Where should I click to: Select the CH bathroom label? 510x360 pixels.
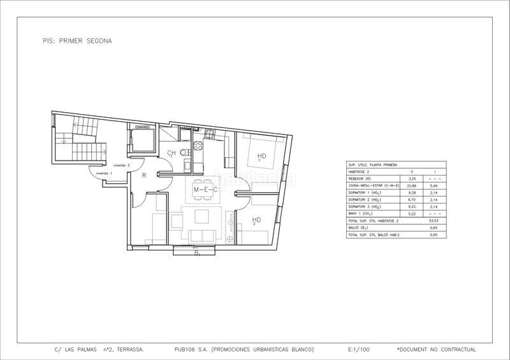(x=171, y=154)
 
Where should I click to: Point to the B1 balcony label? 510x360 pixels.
(x=197, y=255)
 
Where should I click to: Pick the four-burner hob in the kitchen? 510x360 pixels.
(x=197, y=151)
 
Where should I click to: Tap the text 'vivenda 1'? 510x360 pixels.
(x=103, y=173)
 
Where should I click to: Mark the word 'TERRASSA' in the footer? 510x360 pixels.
(x=129, y=350)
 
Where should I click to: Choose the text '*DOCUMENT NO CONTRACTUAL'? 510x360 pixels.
(x=436, y=350)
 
